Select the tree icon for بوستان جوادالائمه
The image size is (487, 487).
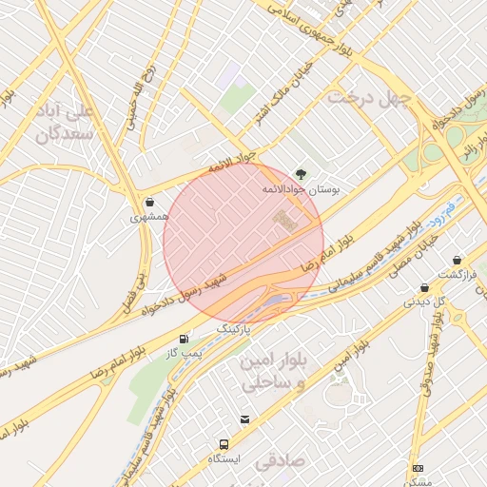tap(302, 174)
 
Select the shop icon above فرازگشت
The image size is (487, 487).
tap(458, 260)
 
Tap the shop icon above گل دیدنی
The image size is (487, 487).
tap(424, 287)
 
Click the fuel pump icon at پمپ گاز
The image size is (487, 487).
tap(183, 339)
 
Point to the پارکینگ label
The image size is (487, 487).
tap(238, 328)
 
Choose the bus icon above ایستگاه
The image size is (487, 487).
tap(224, 444)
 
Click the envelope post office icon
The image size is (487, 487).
tap(245, 419)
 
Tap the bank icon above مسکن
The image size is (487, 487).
tap(418, 468)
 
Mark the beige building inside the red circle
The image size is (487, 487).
tap(283, 220)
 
